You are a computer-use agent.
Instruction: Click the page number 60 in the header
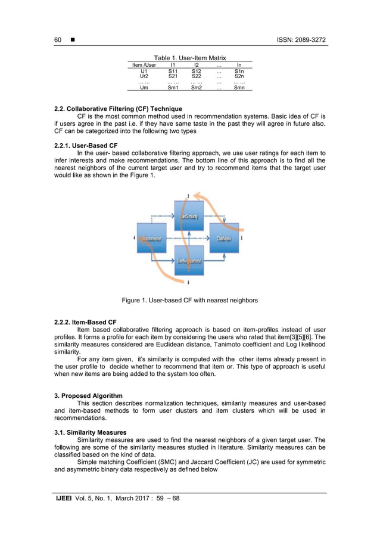pos(58,40)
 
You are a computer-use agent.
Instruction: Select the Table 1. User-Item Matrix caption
pos(190,57)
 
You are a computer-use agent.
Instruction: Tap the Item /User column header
pos(144,64)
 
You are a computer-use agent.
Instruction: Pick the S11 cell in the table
pos(173,71)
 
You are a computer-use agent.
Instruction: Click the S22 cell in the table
pos(197,76)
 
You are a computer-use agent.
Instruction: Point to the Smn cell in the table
pos(239,88)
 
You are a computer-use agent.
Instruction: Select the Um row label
pos(144,88)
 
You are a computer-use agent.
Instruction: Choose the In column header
pos(239,64)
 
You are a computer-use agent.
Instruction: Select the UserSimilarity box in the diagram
pos(189,215)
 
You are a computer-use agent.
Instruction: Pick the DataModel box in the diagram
pos(224,239)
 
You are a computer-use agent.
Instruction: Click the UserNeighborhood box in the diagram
pos(189,261)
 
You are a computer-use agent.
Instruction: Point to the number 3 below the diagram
pos(189,282)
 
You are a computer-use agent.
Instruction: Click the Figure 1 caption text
pos(189,301)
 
